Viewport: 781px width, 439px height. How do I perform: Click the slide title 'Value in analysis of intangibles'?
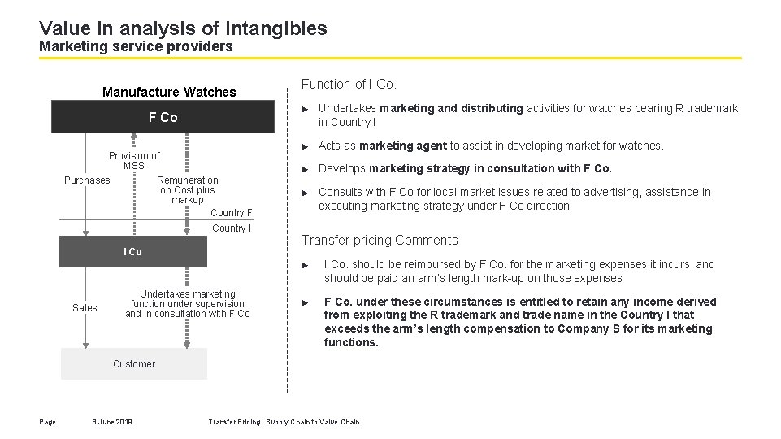[183, 28]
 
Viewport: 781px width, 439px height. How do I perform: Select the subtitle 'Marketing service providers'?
[136, 47]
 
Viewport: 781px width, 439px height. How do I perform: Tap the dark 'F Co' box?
[163, 118]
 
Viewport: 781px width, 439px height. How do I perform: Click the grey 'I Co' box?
[132, 252]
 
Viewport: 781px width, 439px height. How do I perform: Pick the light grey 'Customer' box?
[134, 364]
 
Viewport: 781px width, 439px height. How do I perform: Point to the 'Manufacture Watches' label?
[169, 93]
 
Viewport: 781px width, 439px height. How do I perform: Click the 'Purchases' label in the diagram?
[87, 180]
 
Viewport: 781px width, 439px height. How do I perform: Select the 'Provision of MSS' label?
[134, 161]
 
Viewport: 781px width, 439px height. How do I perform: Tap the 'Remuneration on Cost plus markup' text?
[187, 190]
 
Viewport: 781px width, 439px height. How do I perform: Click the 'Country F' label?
[232, 213]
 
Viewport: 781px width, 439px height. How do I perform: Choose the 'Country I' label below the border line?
[232, 228]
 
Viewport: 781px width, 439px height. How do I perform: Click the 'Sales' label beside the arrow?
[85, 308]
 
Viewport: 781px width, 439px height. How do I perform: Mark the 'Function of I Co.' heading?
[349, 85]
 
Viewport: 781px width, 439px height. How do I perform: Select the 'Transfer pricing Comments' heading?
[380, 241]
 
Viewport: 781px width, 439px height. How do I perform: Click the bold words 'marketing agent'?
[403, 146]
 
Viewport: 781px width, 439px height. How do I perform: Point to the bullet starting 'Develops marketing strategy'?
[465, 169]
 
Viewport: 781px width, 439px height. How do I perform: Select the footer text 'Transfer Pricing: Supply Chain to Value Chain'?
[284, 422]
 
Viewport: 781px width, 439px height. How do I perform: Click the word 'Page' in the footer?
[47, 422]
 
